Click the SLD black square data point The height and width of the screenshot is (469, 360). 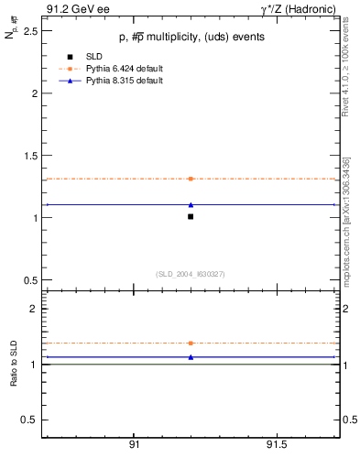coord(191,216)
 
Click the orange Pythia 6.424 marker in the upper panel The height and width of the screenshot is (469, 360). coord(191,179)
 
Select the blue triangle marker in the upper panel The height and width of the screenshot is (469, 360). coord(191,204)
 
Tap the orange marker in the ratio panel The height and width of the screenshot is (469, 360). coord(191,343)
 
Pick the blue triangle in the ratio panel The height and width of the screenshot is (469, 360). coord(191,356)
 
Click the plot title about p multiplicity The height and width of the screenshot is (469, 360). coord(191,37)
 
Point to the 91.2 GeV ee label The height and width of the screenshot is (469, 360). coord(74,8)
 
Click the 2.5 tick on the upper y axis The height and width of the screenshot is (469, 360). coord(33,31)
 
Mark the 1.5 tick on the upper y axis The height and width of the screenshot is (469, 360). coord(33,156)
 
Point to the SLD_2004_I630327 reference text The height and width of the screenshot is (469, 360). coord(191,273)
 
